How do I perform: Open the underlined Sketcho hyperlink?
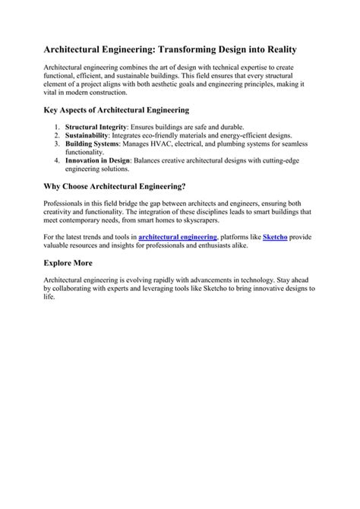(x=274, y=238)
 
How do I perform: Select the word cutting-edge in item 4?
(x=279, y=160)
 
